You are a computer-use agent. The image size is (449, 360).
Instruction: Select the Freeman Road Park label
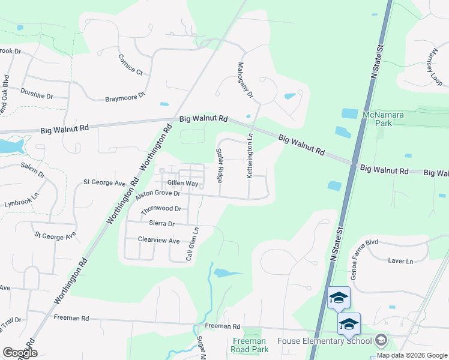pos(249,345)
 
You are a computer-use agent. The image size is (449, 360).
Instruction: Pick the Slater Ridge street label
pos(220,166)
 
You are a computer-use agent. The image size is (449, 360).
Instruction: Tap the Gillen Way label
pos(182,182)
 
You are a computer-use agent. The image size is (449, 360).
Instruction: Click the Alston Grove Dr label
pos(158,194)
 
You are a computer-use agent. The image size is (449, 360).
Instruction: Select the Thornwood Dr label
pos(161,209)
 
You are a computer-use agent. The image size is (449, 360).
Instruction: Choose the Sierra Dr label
pos(161,223)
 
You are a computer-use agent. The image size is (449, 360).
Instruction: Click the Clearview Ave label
pos(158,241)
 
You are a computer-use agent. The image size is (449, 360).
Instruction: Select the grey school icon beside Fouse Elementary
pos(380,341)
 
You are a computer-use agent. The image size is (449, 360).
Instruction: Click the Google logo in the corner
pos(19,352)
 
